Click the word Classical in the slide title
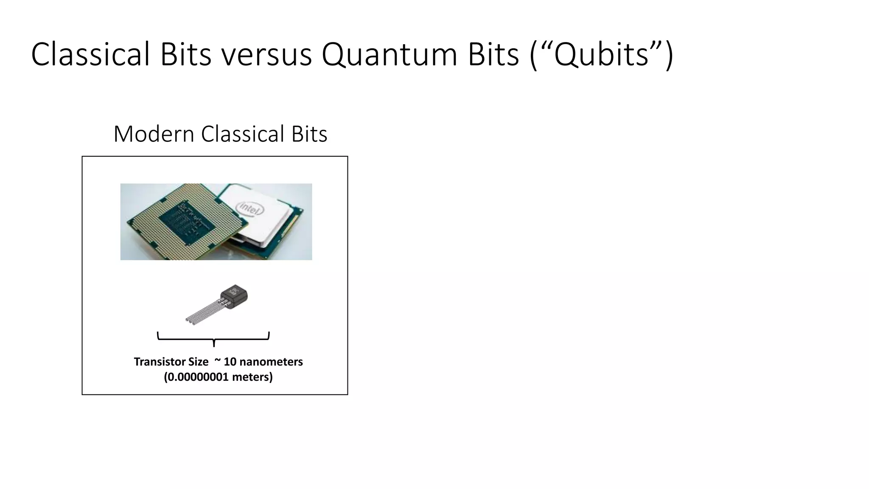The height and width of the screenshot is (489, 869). click(90, 54)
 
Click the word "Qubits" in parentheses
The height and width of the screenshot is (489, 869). click(601, 54)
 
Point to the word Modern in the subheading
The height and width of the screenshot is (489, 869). click(154, 134)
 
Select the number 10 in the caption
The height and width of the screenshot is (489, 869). click(230, 362)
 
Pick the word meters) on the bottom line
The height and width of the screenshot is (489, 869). click(252, 377)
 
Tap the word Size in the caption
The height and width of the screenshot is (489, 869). click(198, 362)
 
